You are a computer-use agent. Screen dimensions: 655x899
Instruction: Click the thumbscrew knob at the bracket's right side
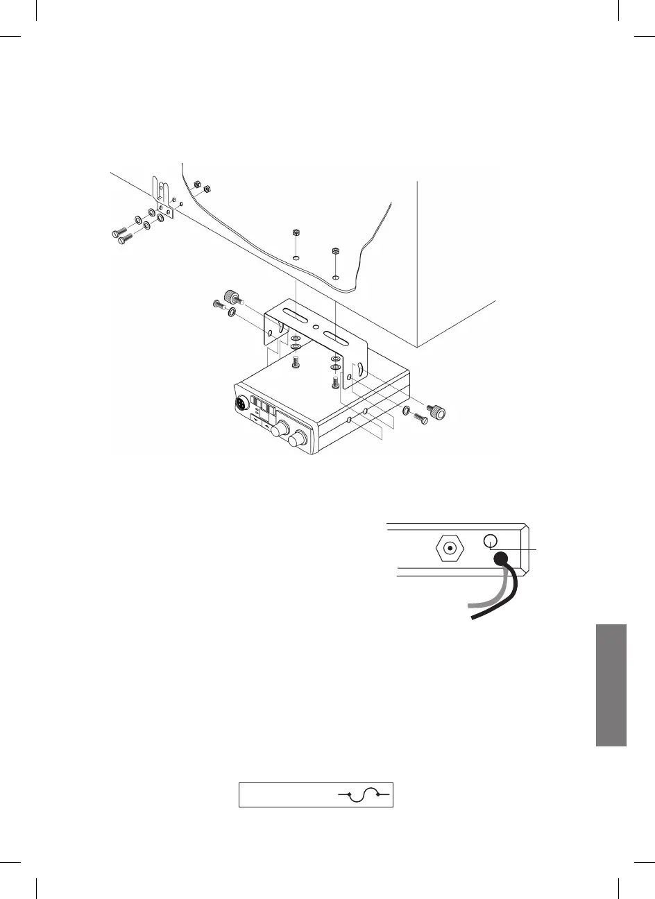[x=437, y=411]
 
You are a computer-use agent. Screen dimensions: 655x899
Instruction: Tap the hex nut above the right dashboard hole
[x=336, y=250]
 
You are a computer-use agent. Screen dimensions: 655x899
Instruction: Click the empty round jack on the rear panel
[x=490, y=541]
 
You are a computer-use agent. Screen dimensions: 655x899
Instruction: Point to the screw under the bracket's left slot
[x=296, y=361]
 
